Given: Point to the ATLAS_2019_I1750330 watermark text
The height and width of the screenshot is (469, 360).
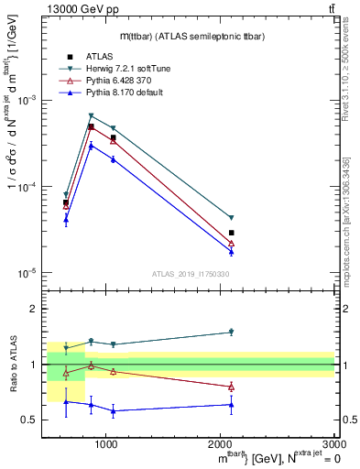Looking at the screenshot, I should [x=190, y=274].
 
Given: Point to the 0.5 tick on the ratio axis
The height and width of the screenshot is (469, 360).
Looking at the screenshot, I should [x=31, y=420].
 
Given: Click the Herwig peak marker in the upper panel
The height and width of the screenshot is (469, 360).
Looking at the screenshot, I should [x=91, y=116].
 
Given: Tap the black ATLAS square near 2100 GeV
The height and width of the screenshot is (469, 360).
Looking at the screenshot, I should [x=231, y=233].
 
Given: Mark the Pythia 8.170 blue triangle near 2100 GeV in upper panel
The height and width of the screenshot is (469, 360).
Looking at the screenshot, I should [x=231, y=251].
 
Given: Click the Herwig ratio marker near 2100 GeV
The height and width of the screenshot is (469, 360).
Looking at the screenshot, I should [x=231, y=332].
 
